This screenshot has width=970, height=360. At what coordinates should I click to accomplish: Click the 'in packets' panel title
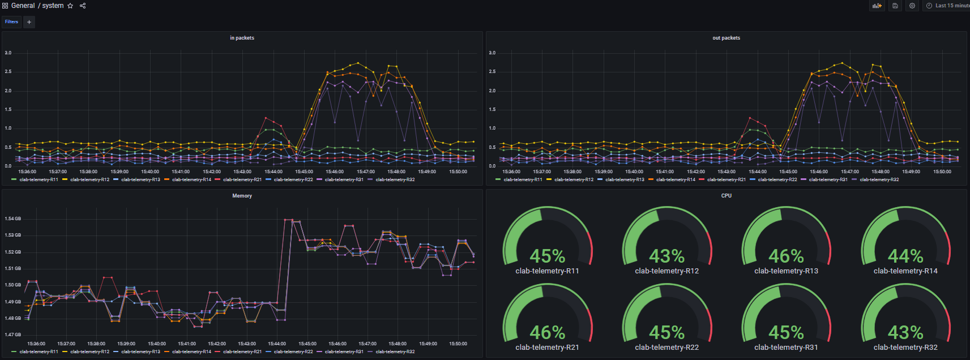[242, 38]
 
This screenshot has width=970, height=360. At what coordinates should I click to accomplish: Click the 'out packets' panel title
[726, 38]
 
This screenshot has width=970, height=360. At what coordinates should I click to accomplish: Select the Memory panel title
[242, 196]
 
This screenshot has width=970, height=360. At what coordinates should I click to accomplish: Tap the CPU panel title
[726, 196]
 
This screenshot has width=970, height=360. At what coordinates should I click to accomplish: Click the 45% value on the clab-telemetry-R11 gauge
[547, 256]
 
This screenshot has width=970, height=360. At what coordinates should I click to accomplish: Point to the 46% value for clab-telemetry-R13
[786, 256]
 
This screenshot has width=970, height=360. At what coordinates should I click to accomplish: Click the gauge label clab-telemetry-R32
[905, 348]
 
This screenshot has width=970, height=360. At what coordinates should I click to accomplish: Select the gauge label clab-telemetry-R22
[666, 348]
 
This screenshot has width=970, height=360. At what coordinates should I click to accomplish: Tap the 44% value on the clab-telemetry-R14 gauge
[905, 256]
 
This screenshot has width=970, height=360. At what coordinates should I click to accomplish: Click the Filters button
[11, 22]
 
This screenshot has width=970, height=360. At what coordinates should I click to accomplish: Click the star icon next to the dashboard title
[70, 6]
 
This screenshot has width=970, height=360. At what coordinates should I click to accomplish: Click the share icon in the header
[83, 6]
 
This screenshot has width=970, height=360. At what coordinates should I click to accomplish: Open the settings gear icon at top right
[912, 6]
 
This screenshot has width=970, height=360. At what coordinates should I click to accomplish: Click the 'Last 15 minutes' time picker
[948, 6]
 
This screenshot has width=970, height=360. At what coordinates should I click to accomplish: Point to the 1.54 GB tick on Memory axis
[12, 218]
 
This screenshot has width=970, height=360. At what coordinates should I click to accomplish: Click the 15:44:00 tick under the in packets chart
[274, 172]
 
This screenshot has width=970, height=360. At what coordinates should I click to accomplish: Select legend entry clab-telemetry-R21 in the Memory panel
[242, 352]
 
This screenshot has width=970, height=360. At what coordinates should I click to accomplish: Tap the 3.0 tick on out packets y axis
[492, 53]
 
